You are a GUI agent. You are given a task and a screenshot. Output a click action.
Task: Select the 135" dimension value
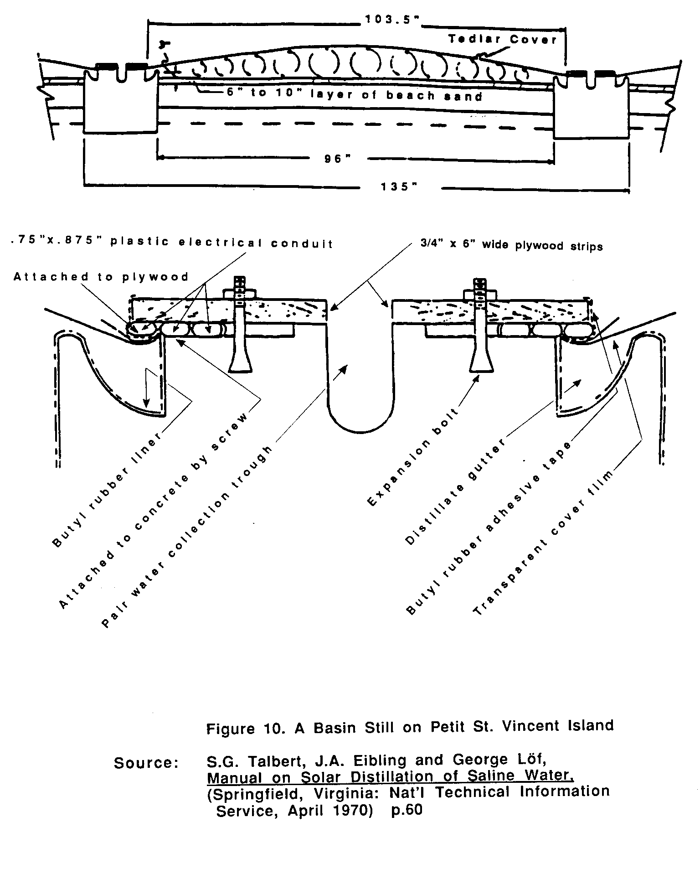[x=398, y=187]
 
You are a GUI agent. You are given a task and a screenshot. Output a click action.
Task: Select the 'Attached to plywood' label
[x=101, y=277]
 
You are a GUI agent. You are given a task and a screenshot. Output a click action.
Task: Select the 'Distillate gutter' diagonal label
[x=454, y=492]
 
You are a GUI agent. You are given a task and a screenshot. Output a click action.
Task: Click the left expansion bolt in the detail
[x=240, y=328]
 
